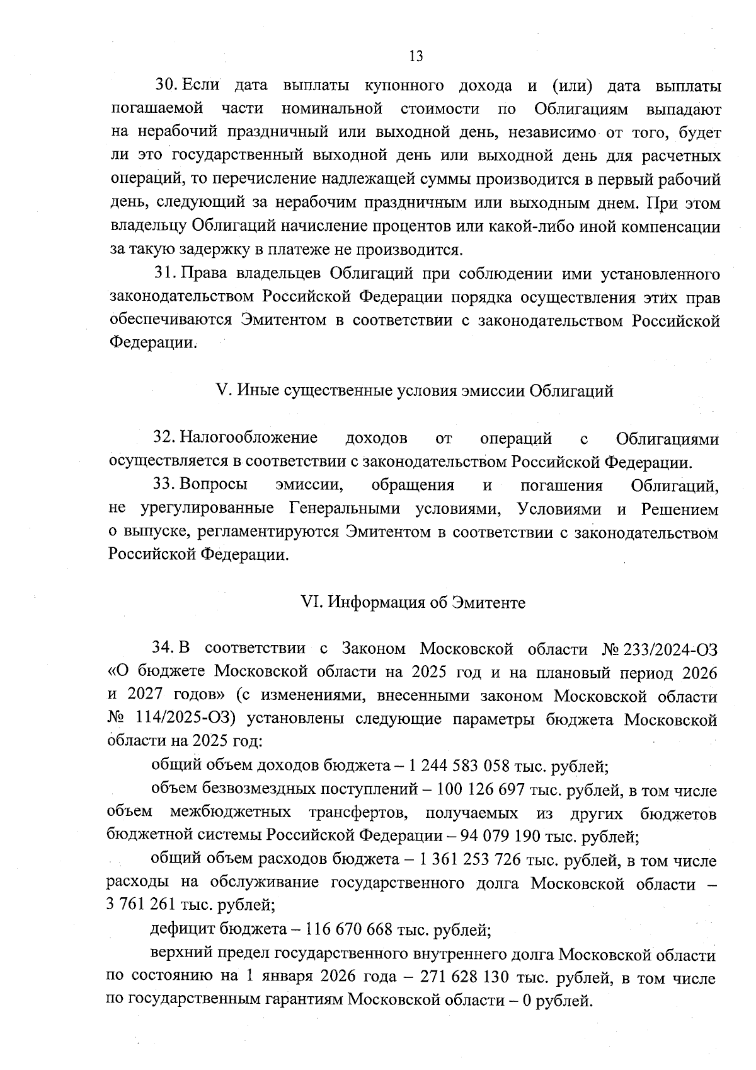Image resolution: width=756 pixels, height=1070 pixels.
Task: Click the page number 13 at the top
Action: point(416,56)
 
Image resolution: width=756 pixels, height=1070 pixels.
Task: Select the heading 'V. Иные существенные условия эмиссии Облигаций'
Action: point(415,390)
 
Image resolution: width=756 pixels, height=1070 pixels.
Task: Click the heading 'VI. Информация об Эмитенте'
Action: point(413,602)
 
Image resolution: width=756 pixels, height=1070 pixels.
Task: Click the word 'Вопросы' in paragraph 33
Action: point(214,485)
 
